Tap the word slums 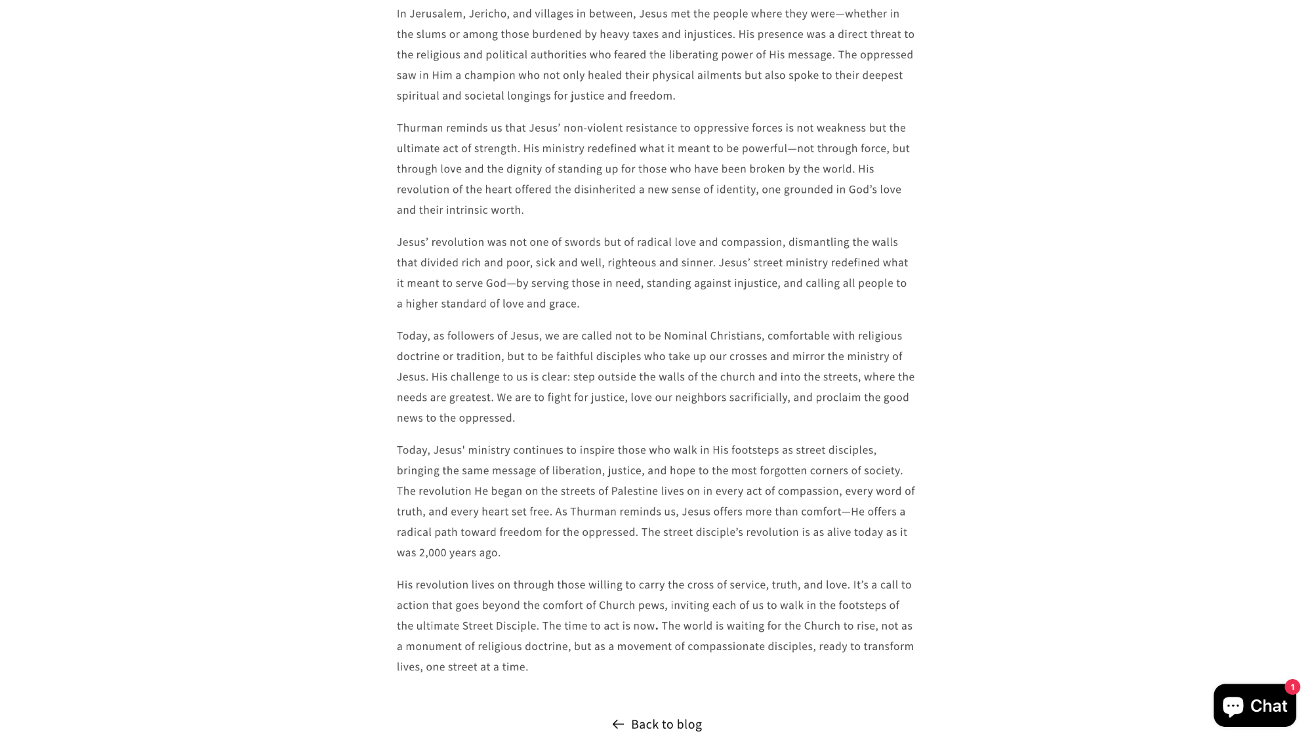coord(431,34)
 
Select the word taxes coord(645,34)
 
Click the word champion coord(489,75)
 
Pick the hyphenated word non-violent coord(592,128)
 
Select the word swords coord(583,242)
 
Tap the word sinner coord(697,262)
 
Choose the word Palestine coord(634,491)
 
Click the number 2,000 coord(432,552)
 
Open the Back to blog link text coord(666,724)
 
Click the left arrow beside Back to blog coord(618,724)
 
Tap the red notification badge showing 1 coord(1292,687)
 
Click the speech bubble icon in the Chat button coord(1233,706)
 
